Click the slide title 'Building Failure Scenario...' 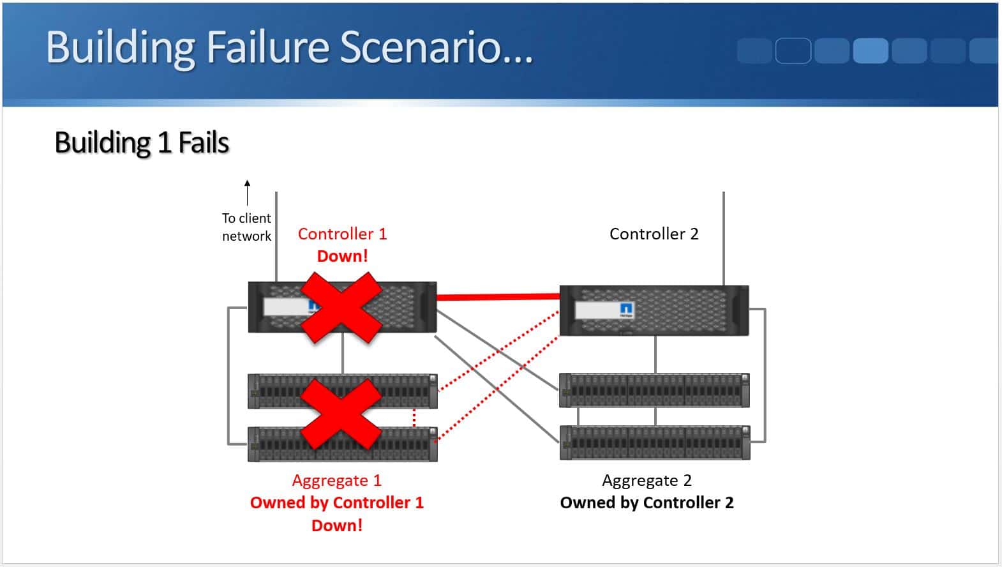coord(288,47)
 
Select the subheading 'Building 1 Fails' coord(142,142)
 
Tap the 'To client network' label coord(246,227)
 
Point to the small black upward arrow coord(247,192)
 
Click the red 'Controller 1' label coord(342,234)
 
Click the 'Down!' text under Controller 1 coord(342,256)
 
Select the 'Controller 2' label coord(654,234)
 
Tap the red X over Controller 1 coord(341,308)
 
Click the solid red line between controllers coord(498,296)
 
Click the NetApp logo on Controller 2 coord(627,310)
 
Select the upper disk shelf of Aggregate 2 coord(654,390)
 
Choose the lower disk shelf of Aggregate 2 coord(654,442)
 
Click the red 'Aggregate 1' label coord(336,480)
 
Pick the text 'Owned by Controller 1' coord(336,503)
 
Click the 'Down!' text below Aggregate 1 coord(336,525)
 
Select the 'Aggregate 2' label coord(647,480)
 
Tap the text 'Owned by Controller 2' coord(647,503)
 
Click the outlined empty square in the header coord(793,50)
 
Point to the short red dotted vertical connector coord(414,418)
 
